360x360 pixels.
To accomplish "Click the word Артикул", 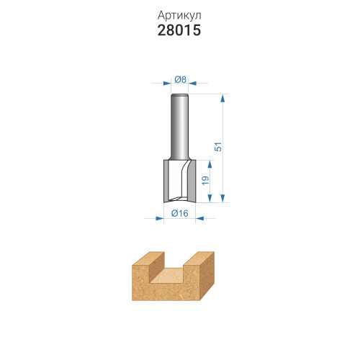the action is point(179,16).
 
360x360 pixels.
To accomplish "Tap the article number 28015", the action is point(179,30).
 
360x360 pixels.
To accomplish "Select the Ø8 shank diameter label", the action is point(180,79).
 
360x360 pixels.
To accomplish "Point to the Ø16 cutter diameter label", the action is point(180,213).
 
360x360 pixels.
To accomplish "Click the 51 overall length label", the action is point(218,147).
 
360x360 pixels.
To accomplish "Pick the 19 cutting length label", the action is point(205,181).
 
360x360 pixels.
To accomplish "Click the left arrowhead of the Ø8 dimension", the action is point(167,84).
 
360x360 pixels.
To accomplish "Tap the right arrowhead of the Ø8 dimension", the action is point(192,84).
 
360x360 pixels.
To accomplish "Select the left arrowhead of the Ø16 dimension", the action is point(160,218).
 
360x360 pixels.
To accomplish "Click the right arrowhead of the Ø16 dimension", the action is point(199,218).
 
